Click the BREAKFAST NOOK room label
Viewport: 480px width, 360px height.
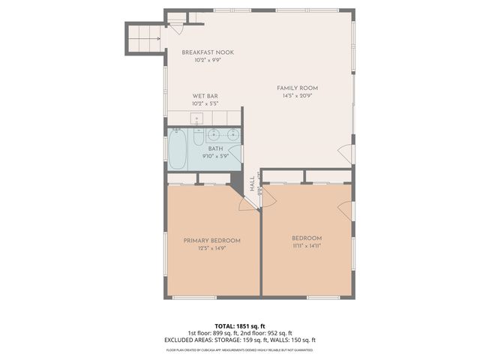[x=208, y=52]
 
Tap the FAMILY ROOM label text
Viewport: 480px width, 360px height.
[x=297, y=88]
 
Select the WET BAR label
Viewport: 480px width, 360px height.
[x=205, y=96]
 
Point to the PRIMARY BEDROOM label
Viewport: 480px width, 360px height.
[x=212, y=240]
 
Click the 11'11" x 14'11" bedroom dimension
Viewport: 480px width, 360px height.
[x=306, y=244]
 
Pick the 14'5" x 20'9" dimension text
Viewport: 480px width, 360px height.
[x=297, y=96]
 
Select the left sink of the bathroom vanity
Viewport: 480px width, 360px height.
[x=214, y=135]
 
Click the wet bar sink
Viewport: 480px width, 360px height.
[x=196, y=118]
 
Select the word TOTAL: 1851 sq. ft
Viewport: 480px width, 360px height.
[x=239, y=326]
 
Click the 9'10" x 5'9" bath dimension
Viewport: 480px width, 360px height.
[x=216, y=157]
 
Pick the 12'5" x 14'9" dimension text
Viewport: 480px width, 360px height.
[x=212, y=247]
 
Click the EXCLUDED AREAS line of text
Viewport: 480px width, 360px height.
[x=239, y=340]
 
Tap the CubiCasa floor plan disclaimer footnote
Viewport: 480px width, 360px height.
[x=239, y=349]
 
